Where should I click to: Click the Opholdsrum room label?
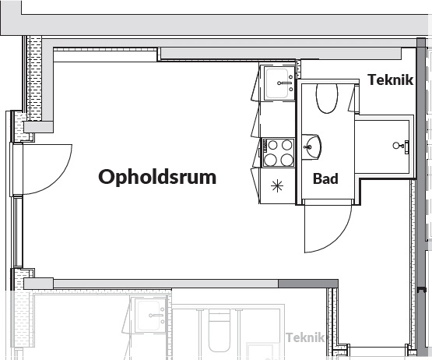pos(157,177)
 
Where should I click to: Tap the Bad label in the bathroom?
pos(325,178)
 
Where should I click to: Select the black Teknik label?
pos(391,80)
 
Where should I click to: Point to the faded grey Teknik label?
pos(305,337)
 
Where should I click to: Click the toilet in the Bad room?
pos(327,98)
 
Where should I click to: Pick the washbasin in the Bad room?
pos(311,146)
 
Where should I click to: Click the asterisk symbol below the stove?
pos(277,186)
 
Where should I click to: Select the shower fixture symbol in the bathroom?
pos(401,145)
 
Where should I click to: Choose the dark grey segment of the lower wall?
pos(308,284)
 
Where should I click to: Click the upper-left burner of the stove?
pos(272,145)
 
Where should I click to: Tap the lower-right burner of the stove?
pos(287,160)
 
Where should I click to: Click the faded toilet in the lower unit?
pos(219,330)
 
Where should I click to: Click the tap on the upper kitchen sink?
pos(284,83)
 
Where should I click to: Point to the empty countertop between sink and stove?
pos(277,119)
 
